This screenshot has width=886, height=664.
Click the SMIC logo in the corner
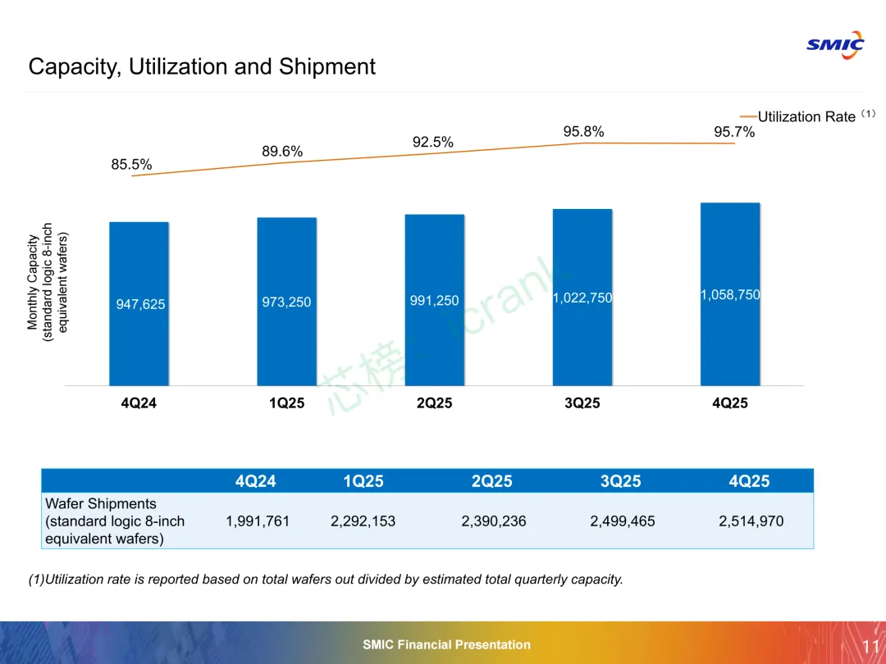coord(834,44)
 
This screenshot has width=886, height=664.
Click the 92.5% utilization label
coord(432,142)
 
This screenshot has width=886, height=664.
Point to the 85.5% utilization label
coord(131,164)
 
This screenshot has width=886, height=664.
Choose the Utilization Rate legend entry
coord(806,116)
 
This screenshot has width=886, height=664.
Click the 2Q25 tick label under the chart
coord(434,403)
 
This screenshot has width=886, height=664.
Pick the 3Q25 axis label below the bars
coord(582,403)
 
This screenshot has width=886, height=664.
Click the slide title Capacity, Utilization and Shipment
coord(202,66)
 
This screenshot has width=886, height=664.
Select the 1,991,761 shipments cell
coord(258,521)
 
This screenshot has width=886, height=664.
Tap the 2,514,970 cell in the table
coord(751,521)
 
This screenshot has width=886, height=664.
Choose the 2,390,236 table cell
coord(493,521)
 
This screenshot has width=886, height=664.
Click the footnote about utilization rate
coord(326,580)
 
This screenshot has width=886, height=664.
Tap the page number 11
coord(871,646)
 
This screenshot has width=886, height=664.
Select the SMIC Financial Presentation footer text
coord(446,644)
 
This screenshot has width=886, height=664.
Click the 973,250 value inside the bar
coord(286,302)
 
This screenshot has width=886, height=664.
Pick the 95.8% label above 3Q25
coord(583,131)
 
